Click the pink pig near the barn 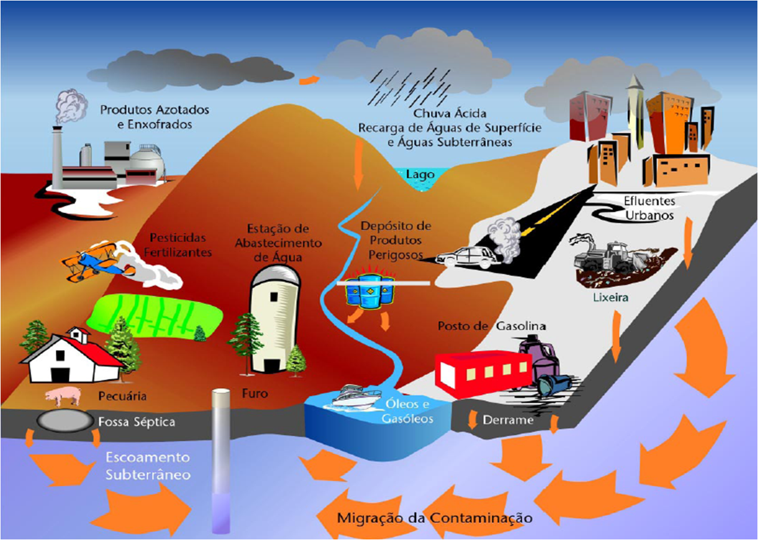coord(63,395)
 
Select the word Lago coord(420,174)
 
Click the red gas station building coord(483,374)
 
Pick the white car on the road coord(468,257)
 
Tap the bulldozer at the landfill coord(605,257)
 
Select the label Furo coord(256,394)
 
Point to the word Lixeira coord(607,296)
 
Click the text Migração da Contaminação coord(435,517)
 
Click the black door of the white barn coord(60,375)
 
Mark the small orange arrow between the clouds coord(308,80)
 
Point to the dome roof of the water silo coord(274,277)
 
